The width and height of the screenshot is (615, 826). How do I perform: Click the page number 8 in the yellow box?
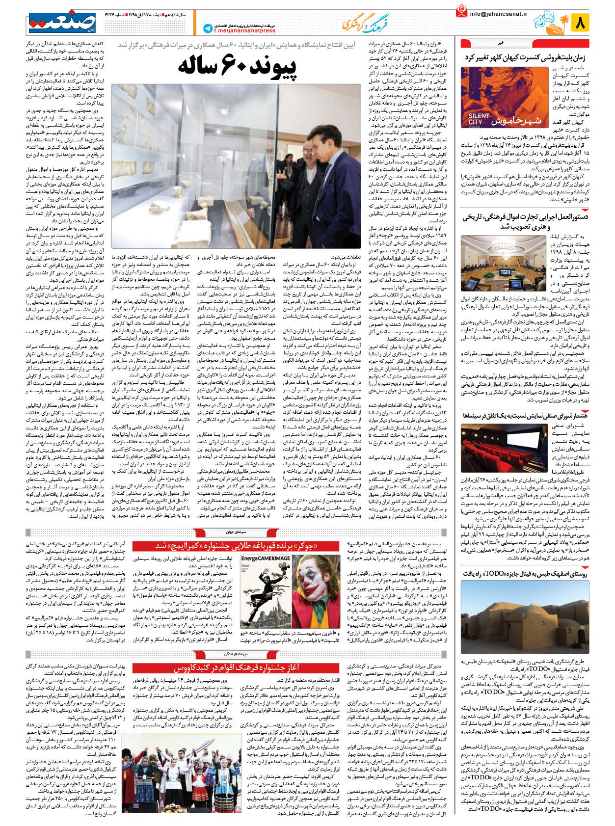(582, 23)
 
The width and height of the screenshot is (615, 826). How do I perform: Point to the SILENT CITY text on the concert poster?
(479, 119)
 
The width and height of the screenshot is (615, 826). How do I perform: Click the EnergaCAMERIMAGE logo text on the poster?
(266, 558)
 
